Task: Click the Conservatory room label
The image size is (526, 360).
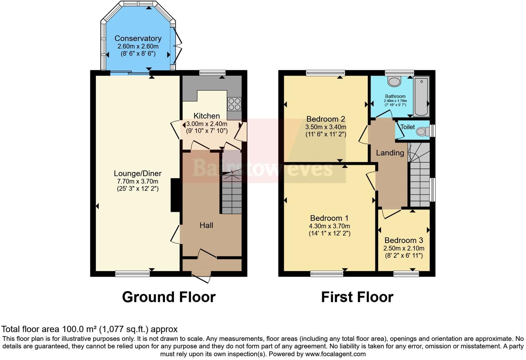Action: coord(138,38)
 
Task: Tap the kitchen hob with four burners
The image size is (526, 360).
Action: coord(234,104)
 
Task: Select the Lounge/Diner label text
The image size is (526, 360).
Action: coord(138,174)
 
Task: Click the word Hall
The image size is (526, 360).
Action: coord(206,225)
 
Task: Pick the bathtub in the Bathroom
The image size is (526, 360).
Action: coord(421,96)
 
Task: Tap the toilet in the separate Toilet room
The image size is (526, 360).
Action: coord(421,131)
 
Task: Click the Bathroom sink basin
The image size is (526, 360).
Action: coord(394,82)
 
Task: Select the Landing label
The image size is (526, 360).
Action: coord(390,153)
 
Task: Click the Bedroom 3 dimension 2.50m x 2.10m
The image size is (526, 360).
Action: coord(403,248)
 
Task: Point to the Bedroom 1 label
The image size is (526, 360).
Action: coord(329,218)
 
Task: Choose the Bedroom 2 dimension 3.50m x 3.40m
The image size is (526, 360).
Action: coord(326,127)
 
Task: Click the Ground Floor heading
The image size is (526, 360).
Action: coord(169,297)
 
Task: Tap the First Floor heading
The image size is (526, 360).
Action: coord(357,297)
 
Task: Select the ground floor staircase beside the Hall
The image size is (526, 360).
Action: coord(232,197)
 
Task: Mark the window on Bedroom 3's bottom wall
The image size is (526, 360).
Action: coord(406,274)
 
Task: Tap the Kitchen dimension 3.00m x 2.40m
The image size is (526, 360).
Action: coord(207,124)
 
